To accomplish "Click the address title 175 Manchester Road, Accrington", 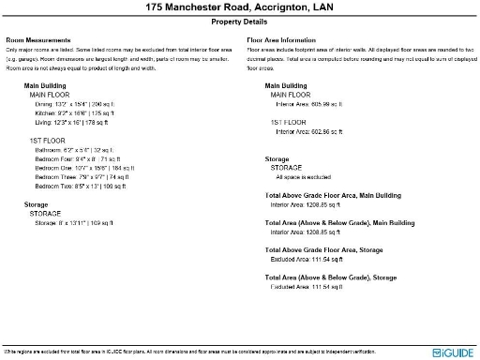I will [x=239, y=7].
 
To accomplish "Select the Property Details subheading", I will [x=239, y=21].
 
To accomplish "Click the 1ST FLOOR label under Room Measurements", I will [x=48, y=141].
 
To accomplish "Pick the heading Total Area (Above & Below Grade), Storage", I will [x=331, y=277].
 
